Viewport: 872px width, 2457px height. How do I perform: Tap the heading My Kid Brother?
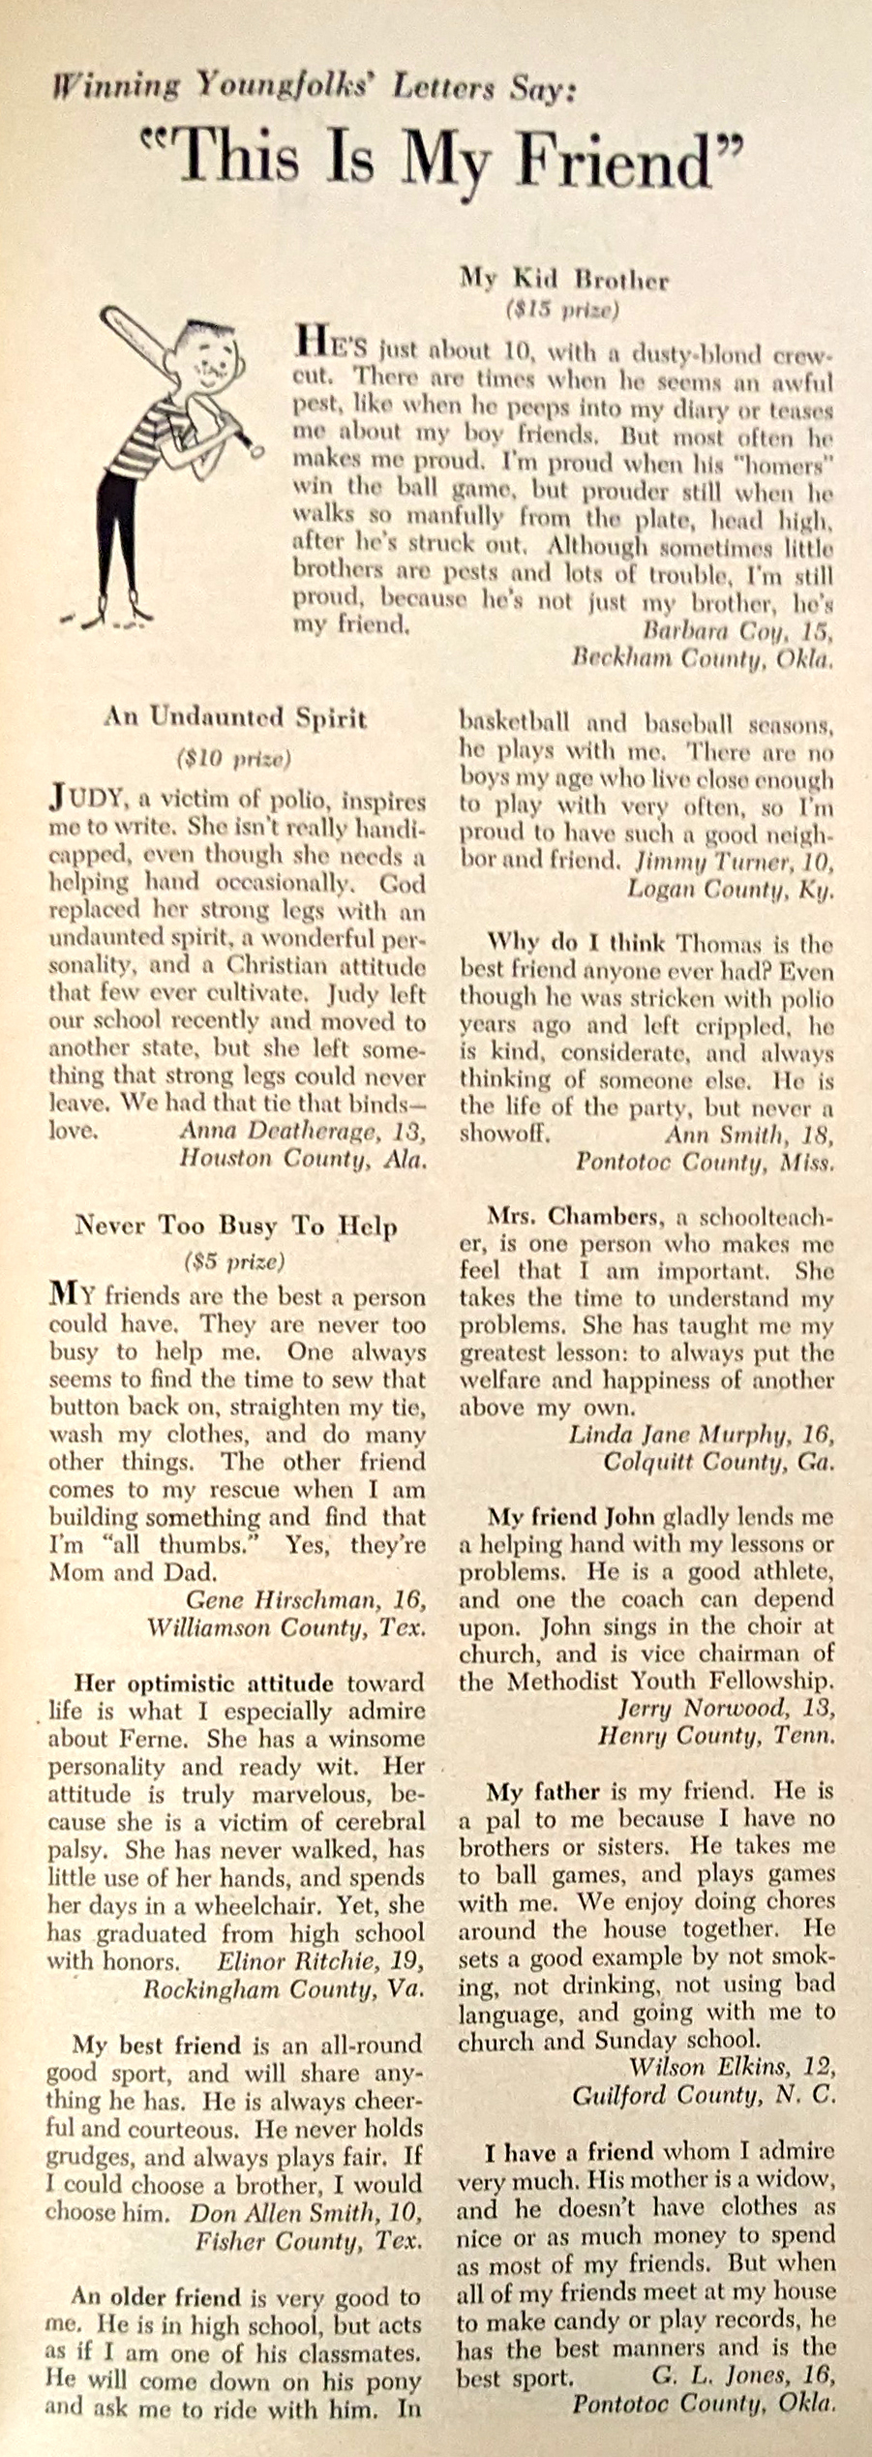point(564,281)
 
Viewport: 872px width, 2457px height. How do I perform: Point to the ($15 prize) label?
point(563,311)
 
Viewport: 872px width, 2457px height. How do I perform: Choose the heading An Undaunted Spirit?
point(235,718)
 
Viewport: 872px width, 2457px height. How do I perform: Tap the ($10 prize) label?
point(235,758)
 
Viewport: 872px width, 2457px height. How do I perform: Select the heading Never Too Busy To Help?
point(236,1226)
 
